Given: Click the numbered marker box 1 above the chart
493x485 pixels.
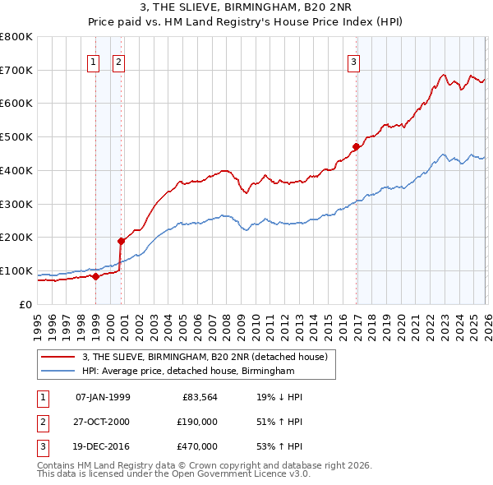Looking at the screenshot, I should (x=93, y=61).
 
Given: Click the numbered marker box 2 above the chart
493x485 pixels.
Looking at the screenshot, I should (x=118, y=61).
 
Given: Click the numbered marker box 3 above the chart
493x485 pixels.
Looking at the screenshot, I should (x=353, y=61).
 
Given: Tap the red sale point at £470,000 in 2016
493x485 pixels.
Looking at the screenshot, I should (x=356, y=147).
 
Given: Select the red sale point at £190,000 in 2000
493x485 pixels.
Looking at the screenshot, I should (x=121, y=241).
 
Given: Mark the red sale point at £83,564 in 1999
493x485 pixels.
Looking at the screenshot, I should (x=95, y=276).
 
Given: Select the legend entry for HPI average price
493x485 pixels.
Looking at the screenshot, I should (x=187, y=372).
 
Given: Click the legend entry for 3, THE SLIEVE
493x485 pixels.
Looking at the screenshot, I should (x=205, y=357).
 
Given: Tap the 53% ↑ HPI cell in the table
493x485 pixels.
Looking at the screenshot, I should (x=279, y=446).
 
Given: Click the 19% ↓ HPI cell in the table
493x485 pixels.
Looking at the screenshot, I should (x=279, y=397).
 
